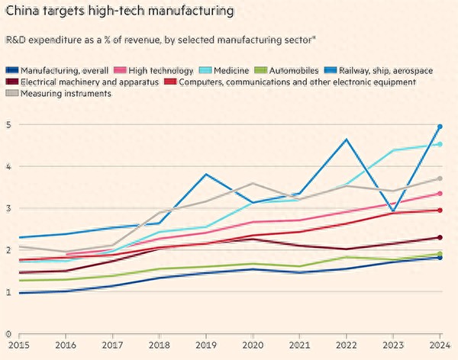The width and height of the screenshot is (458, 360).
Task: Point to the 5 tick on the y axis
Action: (x=8, y=125)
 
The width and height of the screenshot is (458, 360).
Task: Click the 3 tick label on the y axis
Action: (x=8, y=209)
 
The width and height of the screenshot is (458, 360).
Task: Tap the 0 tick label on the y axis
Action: (x=8, y=334)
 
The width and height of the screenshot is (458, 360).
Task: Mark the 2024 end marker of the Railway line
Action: (x=440, y=127)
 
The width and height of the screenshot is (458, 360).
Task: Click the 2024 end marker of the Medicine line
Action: (x=440, y=144)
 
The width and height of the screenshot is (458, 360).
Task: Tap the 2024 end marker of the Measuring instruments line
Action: (x=440, y=178)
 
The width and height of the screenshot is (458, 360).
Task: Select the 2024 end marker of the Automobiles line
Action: (x=440, y=254)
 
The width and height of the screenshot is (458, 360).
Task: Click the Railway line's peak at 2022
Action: (x=347, y=140)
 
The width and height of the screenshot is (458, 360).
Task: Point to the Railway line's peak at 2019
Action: (x=205, y=175)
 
